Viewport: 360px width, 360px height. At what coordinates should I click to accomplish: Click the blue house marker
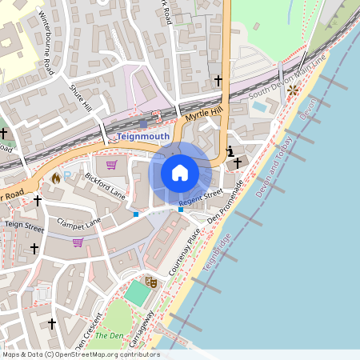(x=180, y=173)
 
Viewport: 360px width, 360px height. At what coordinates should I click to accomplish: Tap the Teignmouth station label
(x=142, y=136)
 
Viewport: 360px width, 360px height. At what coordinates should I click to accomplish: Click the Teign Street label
(x=24, y=227)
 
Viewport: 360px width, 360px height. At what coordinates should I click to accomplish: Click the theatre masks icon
(x=150, y=282)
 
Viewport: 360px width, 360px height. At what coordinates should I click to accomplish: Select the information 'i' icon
(x=230, y=151)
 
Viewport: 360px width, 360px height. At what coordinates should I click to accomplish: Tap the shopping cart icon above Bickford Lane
(x=111, y=165)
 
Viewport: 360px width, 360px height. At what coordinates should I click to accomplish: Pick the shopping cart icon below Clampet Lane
(x=78, y=242)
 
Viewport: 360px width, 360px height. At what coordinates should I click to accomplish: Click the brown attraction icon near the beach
(x=293, y=90)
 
